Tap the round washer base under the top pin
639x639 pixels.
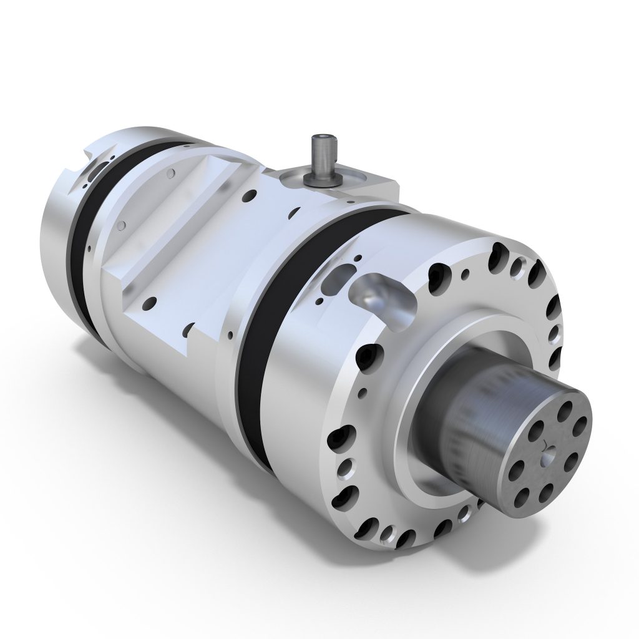pyautogui.click(x=322, y=178)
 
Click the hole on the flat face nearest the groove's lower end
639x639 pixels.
pyautogui.click(x=150, y=304)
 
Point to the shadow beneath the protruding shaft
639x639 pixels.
pyautogui.click(x=499, y=549)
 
